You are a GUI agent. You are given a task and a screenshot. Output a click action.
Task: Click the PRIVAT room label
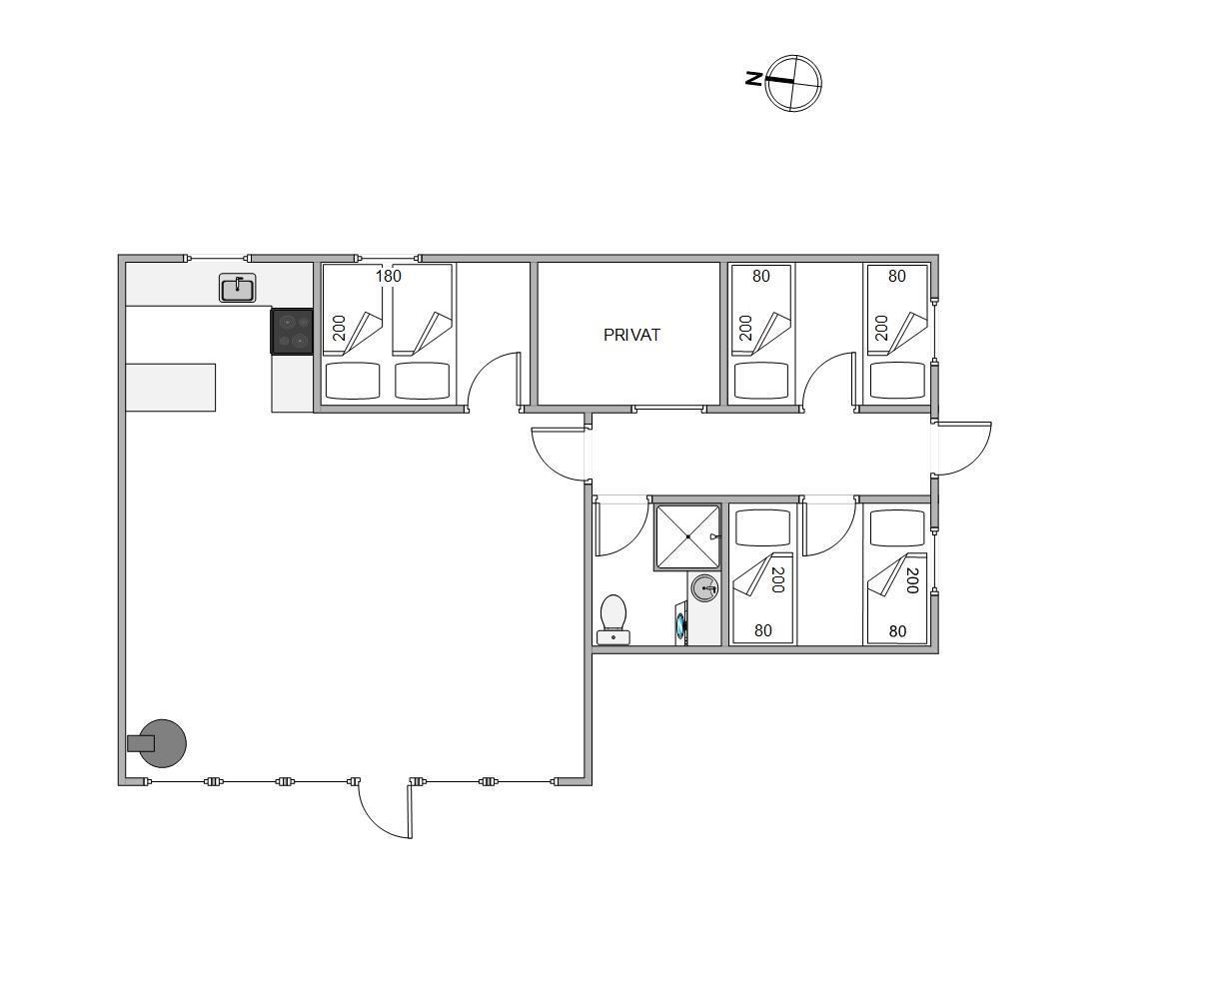(631, 335)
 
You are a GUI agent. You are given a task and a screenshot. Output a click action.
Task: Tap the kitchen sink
(237, 288)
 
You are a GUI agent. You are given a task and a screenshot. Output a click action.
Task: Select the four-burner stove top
(292, 332)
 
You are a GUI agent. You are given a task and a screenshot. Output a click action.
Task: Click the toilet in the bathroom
(613, 619)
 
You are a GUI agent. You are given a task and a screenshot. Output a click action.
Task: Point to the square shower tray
(687, 536)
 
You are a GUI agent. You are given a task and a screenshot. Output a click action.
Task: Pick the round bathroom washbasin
(704, 588)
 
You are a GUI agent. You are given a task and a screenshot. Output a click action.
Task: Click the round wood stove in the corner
(158, 743)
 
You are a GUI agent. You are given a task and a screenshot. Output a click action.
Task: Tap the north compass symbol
(793, 83)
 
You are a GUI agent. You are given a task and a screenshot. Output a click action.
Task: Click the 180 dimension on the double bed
(388, 277)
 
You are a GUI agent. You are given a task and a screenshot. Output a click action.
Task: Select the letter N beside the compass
(753, 79)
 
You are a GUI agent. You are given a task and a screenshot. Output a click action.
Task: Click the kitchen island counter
(171, 388)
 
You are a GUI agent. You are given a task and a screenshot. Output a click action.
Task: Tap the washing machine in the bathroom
(681, 624)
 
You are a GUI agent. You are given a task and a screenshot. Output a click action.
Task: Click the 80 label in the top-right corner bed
(896, 277)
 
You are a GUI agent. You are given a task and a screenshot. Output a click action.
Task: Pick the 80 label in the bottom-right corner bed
(897, 631)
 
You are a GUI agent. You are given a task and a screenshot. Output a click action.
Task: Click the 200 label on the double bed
(340, 328)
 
